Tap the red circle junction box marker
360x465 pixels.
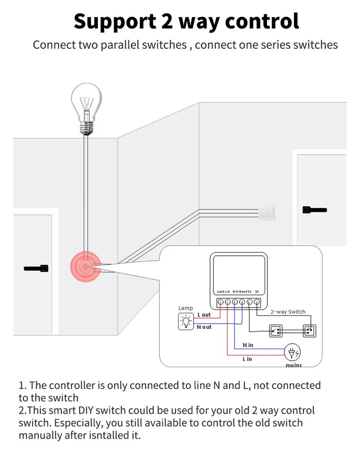[x=85, y=267]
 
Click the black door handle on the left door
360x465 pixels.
[x=36, y=268]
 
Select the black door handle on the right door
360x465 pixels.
[x=315, y=210]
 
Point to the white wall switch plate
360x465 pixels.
[x=267, y=213]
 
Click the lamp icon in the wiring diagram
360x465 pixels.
[x=186, y=321]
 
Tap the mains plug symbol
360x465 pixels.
[x=292, y=353]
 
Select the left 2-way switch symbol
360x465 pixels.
[x=276, y=331]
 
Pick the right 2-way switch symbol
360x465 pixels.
[x=309, y=331]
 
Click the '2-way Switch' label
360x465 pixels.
[x=288, y=312]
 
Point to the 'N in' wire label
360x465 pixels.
[x=248, y=345]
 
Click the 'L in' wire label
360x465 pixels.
[x=247, y=359]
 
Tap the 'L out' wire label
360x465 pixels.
[x=204, y=315]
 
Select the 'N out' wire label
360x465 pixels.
[x=204, y=327]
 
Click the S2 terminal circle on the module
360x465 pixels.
[x=257, y=302]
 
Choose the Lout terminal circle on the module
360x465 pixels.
[x=220, y=302]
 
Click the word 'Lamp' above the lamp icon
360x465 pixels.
[x=185, y=308]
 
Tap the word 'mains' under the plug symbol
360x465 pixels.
[x=293, y=365]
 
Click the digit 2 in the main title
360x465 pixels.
[x=167, y=21]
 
